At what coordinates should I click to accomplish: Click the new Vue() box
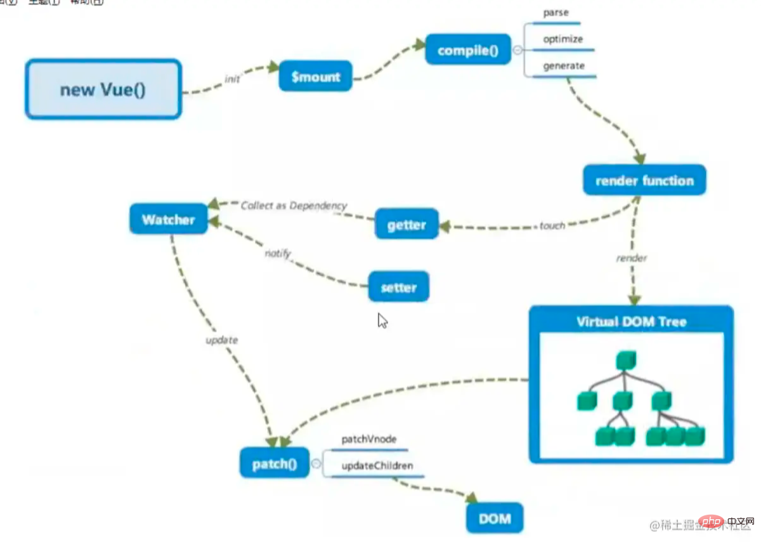pyautogui.click(x=103, y=89)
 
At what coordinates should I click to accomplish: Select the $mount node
pyautogui.click(x=316, y=77)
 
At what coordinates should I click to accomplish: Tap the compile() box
pyautogui.click(x=468, y=50)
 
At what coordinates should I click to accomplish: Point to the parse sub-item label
pyautogui.click(x=556, y=13)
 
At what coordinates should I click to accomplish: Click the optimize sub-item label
pyautogui.click(x=563, y=39)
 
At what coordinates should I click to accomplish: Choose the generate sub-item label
pyautogui.click(x=564, y=66)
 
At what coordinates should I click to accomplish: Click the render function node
pyautogui.click(x=644, y=181)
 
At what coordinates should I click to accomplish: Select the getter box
pyautogui.click(x=407, y=225)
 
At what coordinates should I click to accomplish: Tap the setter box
pyautogui.click(x=398, y=288)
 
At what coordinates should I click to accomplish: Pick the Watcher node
pyautogui.click(x=168, y=220)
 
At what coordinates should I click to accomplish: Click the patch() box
pyautogui.click(x=274, y=464)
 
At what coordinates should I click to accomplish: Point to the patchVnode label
pyautogui.click(x=369, y=439)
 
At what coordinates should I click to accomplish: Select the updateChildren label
pyautogui.click(x=377, y=466)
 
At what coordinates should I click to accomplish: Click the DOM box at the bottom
pyautogui.click(x=495, y=519)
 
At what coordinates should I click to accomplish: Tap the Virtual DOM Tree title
pyautogui.click(x=631, y=322)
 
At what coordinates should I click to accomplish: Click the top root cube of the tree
pyautogui.click(x=625, y=361)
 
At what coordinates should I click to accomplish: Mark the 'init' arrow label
pyautogui.click(x=232, y=79)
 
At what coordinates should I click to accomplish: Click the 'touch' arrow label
pyautogui.click(x=552, y=225)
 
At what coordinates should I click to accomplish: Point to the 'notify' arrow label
pyautogui.click(x=278, y=253)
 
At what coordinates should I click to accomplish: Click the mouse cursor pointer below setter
pyautogui.click(x=382, y=320)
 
